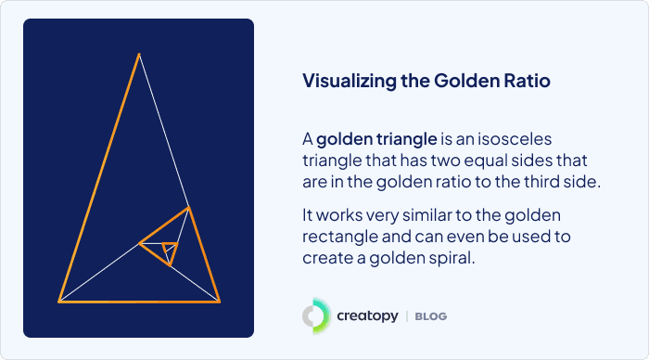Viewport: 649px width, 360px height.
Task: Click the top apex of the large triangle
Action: click(x=139, y=55)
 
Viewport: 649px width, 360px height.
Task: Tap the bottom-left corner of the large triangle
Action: click(x=59, y=301)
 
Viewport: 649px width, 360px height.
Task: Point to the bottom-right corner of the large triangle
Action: click(x=220, y=301)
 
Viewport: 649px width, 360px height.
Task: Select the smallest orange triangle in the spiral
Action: click(x=168, y=249)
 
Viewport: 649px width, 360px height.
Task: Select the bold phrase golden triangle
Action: click(x=376, y=140)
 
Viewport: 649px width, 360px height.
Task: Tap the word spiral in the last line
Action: click(x=450, y=258)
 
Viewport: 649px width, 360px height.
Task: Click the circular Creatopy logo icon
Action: click(x=315, y=316)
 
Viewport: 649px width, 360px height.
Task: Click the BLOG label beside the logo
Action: click(x=431, y=317)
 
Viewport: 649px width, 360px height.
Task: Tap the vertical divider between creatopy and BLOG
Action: click(x=406, y=316)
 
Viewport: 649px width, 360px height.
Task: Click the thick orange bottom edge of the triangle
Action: click(x=139, y=301)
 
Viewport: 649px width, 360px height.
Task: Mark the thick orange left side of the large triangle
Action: click(x=99, y=177)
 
